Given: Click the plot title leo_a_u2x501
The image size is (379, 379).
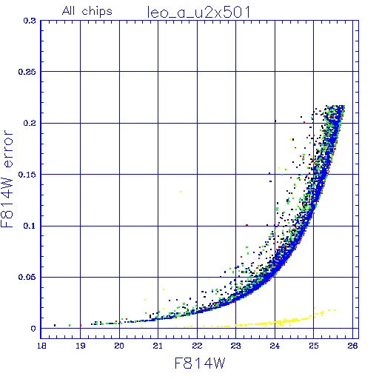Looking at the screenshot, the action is click(x=199, y=13).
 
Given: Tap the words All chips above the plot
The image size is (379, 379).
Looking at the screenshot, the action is click(x=87, y=11).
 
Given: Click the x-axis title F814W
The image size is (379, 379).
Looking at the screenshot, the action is click(x=200, y=363).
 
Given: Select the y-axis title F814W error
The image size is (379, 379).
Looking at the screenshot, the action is click(x=7, y=178).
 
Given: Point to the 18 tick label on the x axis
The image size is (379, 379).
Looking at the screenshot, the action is click(x=41, y=346).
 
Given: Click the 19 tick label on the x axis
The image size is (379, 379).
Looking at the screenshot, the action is click(x=81, y=346).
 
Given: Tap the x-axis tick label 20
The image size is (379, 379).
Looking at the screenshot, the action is click(x=119, y=346).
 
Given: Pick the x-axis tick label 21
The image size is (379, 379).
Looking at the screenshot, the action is click(x=158, y=346).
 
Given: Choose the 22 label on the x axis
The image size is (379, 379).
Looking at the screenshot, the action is click(x=197, y=346).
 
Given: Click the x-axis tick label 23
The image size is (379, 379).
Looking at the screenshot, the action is click(x=235, y=346).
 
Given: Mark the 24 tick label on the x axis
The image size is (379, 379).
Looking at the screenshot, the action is click(x=275, y=346).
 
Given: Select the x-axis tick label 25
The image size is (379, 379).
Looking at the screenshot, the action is click(x=313, y=346).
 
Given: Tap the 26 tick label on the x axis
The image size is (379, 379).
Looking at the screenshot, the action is click(x=352, y=346).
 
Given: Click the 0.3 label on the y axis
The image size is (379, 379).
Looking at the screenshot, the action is click(x=30, y=21).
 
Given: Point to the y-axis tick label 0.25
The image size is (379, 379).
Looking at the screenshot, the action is click(x=27, y=72).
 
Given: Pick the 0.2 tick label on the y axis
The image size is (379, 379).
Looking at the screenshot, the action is click(x=30, y=123).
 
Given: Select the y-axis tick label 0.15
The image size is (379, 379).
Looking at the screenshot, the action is click(x=27, y=175).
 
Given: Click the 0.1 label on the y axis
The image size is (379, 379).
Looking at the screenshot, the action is click(x=30, y=226).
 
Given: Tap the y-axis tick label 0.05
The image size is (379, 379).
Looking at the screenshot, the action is click(x=27, y=277).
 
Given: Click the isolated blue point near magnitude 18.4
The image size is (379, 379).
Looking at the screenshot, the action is click(x=55, y=325).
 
